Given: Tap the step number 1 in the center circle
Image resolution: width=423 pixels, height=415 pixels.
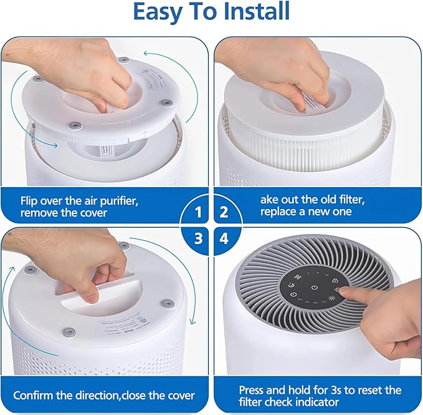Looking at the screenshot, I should click(x=198, y=212).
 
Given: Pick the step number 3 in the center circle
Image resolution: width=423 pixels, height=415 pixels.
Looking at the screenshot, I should click(x=198, y=238).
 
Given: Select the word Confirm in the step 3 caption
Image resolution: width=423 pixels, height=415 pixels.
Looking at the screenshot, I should click(x=34, y=395).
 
